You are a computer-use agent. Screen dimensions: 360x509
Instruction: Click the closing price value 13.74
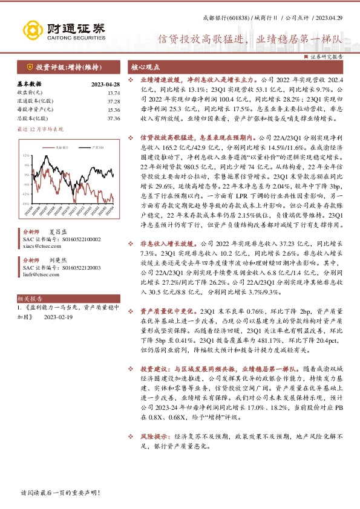pos(113,92)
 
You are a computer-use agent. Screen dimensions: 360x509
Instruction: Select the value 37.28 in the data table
pos(113,101)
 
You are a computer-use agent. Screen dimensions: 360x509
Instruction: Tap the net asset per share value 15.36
pos(113,110)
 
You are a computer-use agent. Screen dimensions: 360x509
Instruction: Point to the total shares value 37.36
pos(113,118)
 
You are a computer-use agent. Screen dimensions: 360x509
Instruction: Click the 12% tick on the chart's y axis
pos(25,155)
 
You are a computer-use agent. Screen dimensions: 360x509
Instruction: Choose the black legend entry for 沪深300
pos(88,147)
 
